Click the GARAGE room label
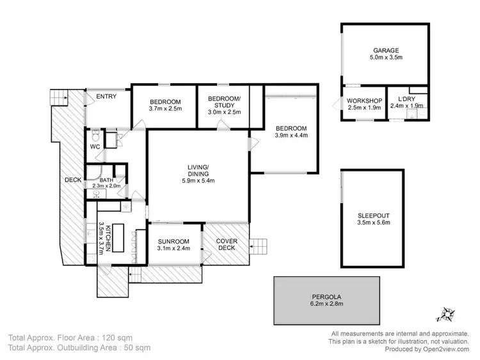(x=387, y=50)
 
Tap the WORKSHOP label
(x=364, y=101)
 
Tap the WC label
(x=95, y=147)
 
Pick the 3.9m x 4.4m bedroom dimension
(x=291, y=136)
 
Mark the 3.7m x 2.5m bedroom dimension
(x=166, y=109)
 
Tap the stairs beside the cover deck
(x=259, y=246)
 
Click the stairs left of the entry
(x=59, y=97)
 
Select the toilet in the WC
(x=95, y=135)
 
